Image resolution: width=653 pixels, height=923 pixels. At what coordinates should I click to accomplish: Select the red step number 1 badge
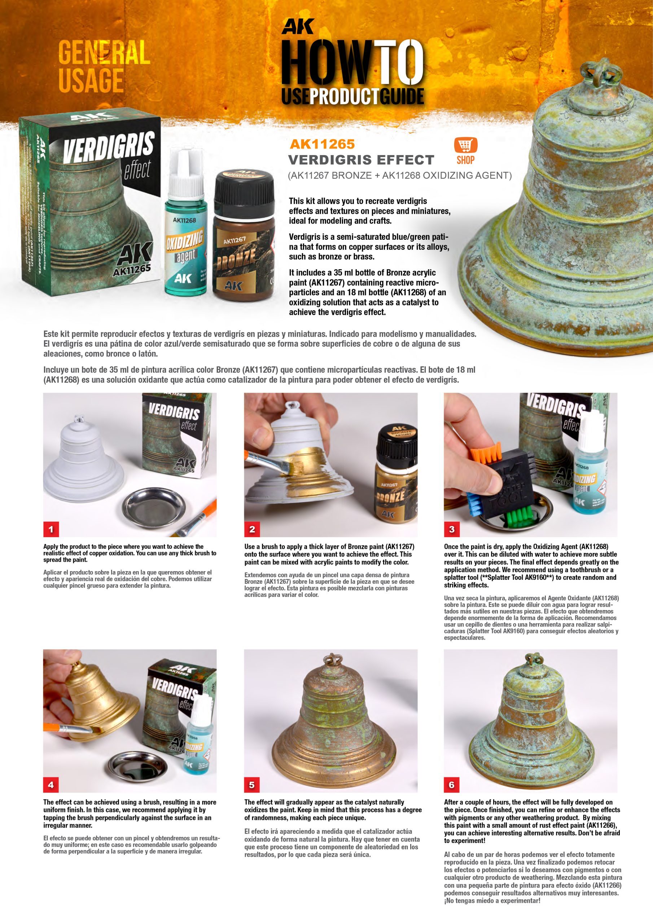pos(51,529)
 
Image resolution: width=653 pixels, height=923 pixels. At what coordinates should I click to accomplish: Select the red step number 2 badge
pos(252,529)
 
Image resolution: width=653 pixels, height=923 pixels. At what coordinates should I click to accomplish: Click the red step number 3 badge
pos(451,529)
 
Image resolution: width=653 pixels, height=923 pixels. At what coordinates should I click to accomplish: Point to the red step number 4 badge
pos(51,784)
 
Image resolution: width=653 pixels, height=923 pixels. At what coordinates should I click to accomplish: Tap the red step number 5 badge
pos(252,784)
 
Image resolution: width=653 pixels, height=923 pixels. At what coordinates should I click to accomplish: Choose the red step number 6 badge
pos(451,784)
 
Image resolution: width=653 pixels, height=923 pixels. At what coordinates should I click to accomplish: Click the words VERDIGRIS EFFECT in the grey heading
pos(361,160)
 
